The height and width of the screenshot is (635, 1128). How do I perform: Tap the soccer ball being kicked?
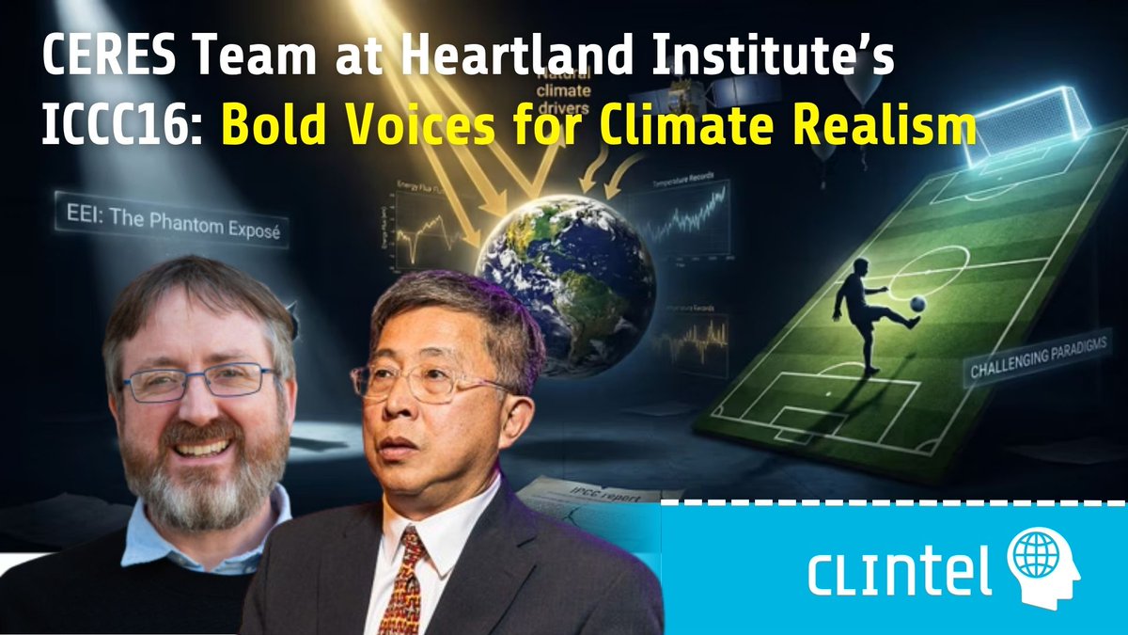pos(917,303)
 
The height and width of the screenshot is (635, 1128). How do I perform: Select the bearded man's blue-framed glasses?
pos(201,382)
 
